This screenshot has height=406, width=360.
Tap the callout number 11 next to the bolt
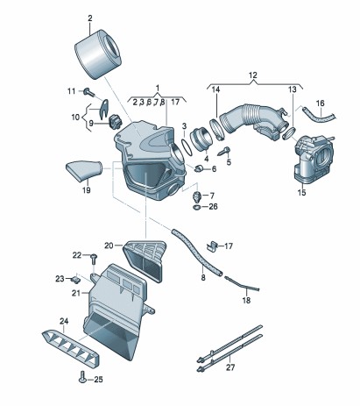(72, 91)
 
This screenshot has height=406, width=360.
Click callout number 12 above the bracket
(252, 75)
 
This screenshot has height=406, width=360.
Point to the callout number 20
(109, 246)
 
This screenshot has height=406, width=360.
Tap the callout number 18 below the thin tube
(246, 300)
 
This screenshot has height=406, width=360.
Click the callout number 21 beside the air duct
(75, 293)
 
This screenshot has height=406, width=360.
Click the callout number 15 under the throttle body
(301, 192)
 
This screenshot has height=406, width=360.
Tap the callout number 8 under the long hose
(203, 277)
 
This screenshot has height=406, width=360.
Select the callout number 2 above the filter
(89, 18)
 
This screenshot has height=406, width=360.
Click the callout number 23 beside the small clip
(60, 278)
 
